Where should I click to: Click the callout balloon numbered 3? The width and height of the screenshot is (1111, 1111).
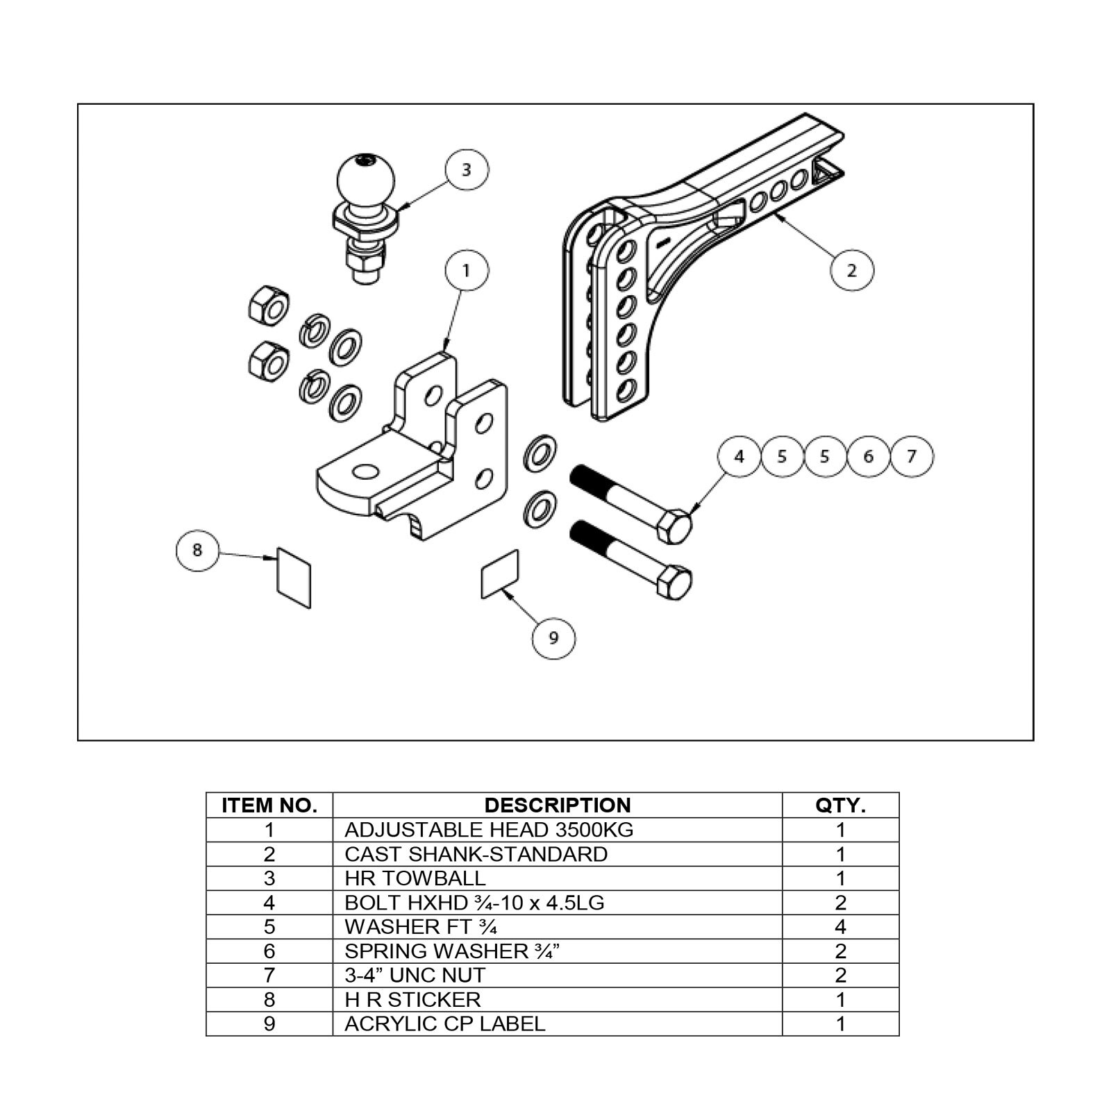pos(466,170)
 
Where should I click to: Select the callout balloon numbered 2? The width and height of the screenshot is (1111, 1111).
pos(852,269)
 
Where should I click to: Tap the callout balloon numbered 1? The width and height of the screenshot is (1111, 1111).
pos(466,269)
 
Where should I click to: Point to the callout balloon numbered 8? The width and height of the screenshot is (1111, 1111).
pos(197,549)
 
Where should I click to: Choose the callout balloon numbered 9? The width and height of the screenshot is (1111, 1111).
pos(553,637)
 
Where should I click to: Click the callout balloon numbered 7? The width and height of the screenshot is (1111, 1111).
pos(912,456)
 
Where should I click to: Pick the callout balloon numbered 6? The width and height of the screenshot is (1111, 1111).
pos(868,456)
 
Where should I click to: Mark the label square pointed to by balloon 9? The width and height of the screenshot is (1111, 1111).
pos(500,574)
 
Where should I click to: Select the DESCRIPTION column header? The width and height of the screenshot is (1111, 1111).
pos(557,805)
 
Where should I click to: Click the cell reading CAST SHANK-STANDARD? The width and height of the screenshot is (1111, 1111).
pos(476,854)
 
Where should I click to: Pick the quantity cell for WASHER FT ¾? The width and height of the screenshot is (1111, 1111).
pos(840,927)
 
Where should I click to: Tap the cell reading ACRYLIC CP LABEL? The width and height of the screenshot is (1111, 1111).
pos(444,1024)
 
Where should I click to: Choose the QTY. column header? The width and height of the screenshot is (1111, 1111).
pos(840,805)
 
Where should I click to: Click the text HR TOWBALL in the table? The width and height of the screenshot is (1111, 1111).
pos(415,878)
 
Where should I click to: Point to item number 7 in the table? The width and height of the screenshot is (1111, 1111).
pos(269,975)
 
